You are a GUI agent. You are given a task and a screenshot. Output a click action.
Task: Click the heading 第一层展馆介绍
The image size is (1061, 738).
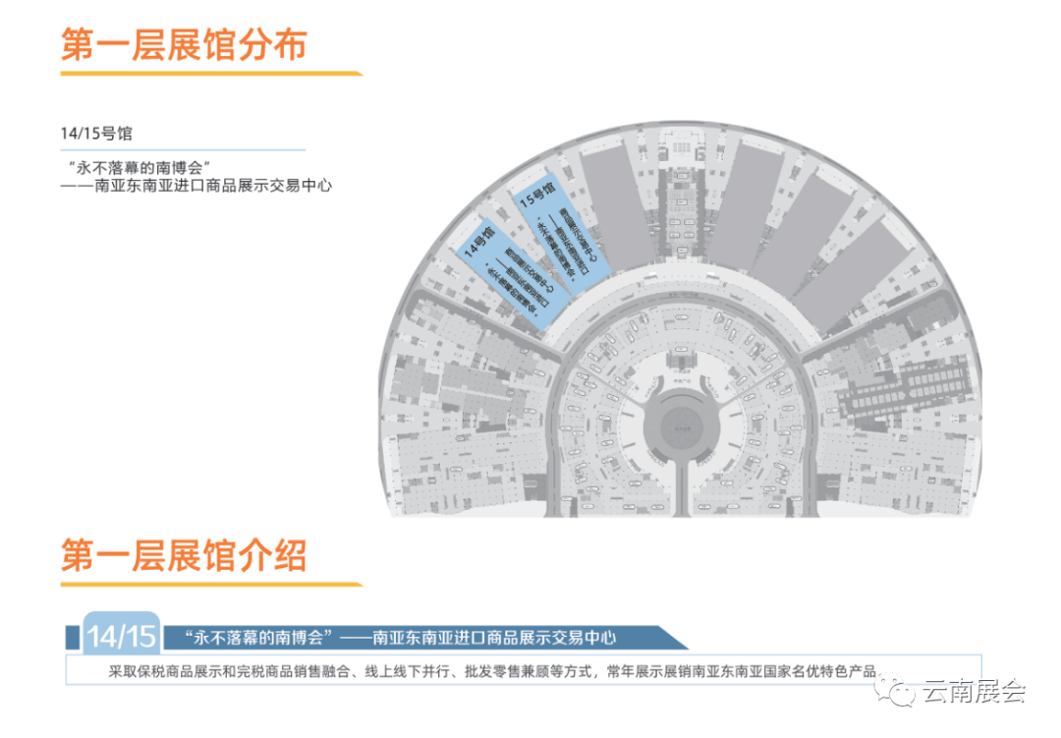(184, 555)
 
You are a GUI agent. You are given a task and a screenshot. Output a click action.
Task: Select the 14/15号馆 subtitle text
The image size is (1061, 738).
(96, 133)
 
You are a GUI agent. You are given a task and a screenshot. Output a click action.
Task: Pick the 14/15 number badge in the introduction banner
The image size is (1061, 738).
(121, 636)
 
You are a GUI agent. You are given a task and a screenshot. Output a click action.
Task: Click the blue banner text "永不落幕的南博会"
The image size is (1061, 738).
(254, 638)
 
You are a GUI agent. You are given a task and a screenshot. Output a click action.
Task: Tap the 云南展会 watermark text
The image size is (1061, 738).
(974, 691)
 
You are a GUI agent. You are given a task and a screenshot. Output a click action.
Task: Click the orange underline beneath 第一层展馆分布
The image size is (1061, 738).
(210, 74)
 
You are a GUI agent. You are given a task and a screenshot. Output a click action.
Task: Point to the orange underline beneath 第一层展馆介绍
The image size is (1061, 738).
(210, 585)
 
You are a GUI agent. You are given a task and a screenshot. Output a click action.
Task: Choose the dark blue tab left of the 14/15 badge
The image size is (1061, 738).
(73, 636)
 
